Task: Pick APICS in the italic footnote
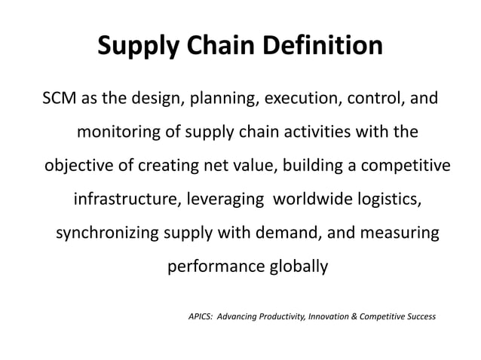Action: click(x=201, y=316)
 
